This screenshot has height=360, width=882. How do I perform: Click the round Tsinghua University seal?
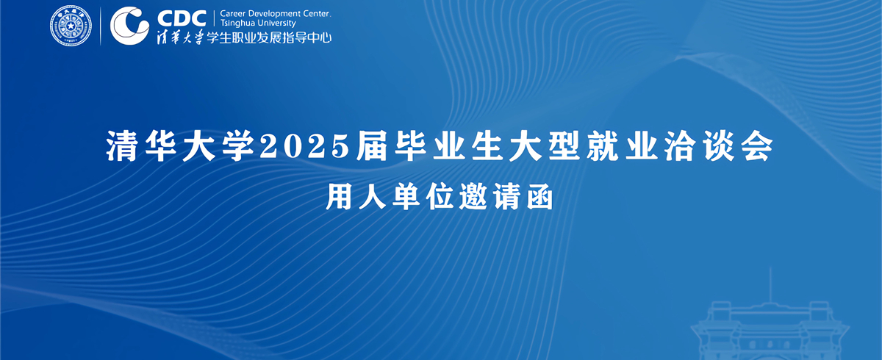click(x=71, y=26)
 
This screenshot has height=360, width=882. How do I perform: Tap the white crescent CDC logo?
click(x=129, y=26)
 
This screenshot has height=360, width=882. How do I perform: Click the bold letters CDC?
click(x=182, y=18)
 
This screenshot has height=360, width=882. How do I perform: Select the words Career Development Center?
click(x=275, y=14)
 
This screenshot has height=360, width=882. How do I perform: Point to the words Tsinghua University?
click(x=258, y=24)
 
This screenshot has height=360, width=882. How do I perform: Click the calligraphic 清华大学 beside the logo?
click(x=180, y=37)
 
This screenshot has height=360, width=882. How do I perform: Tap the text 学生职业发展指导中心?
click(x=269, y=37)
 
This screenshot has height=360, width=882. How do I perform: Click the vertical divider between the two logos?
click(x=101, y=26)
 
